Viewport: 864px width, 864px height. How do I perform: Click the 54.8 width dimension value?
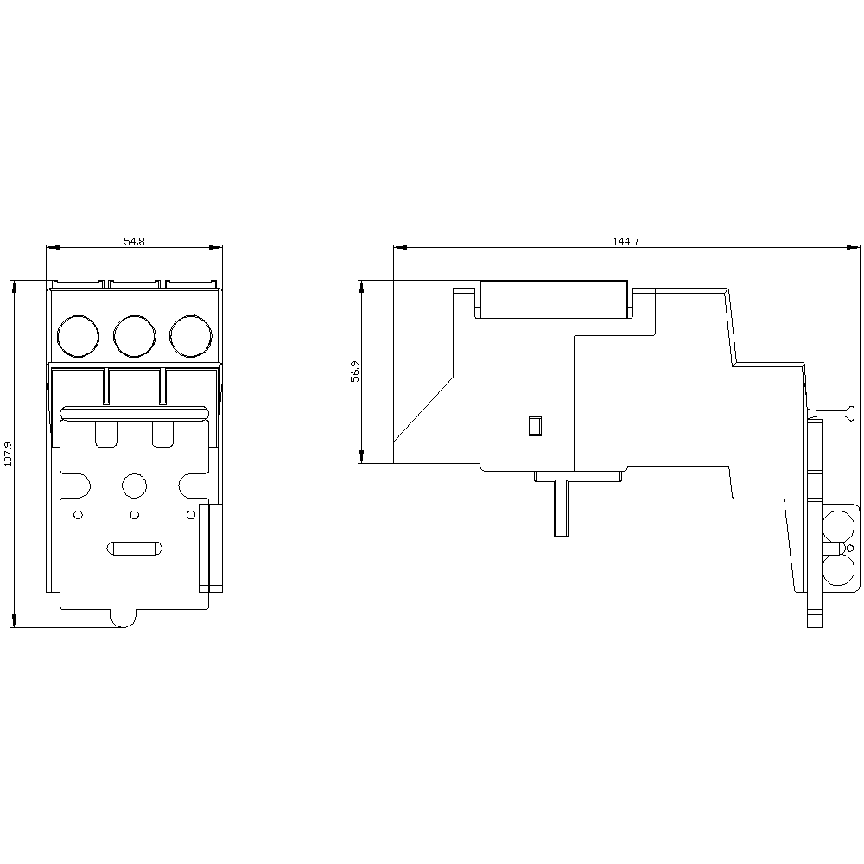[x=134, y=242]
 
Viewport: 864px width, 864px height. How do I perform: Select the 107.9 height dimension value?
[x=9, y=454]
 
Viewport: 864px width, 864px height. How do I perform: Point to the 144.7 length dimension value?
[x=626, y=242]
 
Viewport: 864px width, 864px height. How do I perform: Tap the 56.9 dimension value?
[x=355, y=372]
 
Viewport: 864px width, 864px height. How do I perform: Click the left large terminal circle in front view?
[x=78, y=336]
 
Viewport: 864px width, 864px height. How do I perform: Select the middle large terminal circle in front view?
[x=134, y=336]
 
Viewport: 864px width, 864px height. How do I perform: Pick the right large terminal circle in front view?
[x=190, y=336]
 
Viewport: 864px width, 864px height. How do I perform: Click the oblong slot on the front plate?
[x=133, y=549]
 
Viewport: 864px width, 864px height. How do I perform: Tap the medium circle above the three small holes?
[x=134, y=486]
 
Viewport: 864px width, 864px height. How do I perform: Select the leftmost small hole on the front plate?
[x=78, y=516]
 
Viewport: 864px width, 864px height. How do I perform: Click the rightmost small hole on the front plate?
[x=190, y=516]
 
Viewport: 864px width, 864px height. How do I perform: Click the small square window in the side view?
[x=535, y=425]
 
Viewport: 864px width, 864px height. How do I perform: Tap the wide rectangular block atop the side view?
[x=553, y=299]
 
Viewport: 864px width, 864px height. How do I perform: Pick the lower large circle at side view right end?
[x=836, y=571]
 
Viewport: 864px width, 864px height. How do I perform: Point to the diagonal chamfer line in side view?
[x=423, y=410]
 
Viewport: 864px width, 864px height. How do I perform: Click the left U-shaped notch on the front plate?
[x=105, y=435]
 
